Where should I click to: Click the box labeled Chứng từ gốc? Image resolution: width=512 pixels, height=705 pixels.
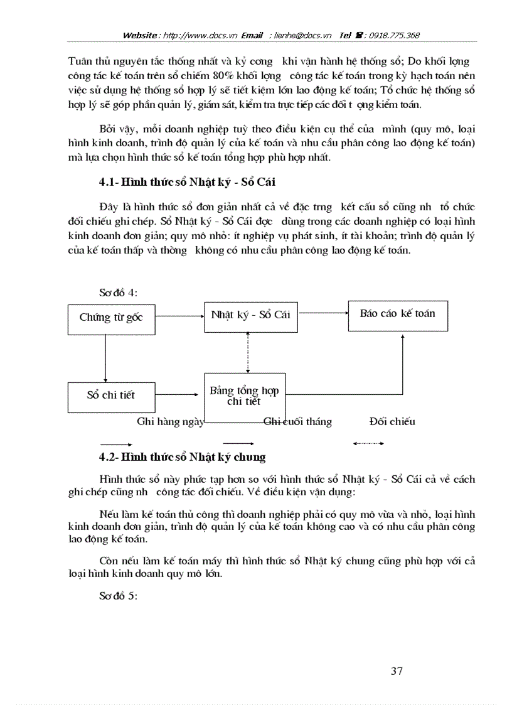click(110, 318)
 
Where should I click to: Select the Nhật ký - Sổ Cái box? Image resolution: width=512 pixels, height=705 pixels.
click(250, 315)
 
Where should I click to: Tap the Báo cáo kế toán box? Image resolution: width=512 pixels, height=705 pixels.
click(398, 314)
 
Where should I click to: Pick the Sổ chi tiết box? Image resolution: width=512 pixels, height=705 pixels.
click(110, 396)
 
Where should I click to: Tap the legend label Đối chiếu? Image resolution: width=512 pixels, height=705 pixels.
click(392, 422)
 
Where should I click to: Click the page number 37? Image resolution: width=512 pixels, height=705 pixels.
click(396, 671)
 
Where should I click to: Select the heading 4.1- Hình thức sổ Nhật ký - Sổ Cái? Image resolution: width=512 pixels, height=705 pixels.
click(187, 183)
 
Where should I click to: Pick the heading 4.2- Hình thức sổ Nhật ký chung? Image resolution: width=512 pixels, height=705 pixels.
click(182, 457)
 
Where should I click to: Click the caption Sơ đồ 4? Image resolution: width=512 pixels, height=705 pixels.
click(118, 293)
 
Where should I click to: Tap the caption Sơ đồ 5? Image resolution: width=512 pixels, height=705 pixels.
click(118, 596)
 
